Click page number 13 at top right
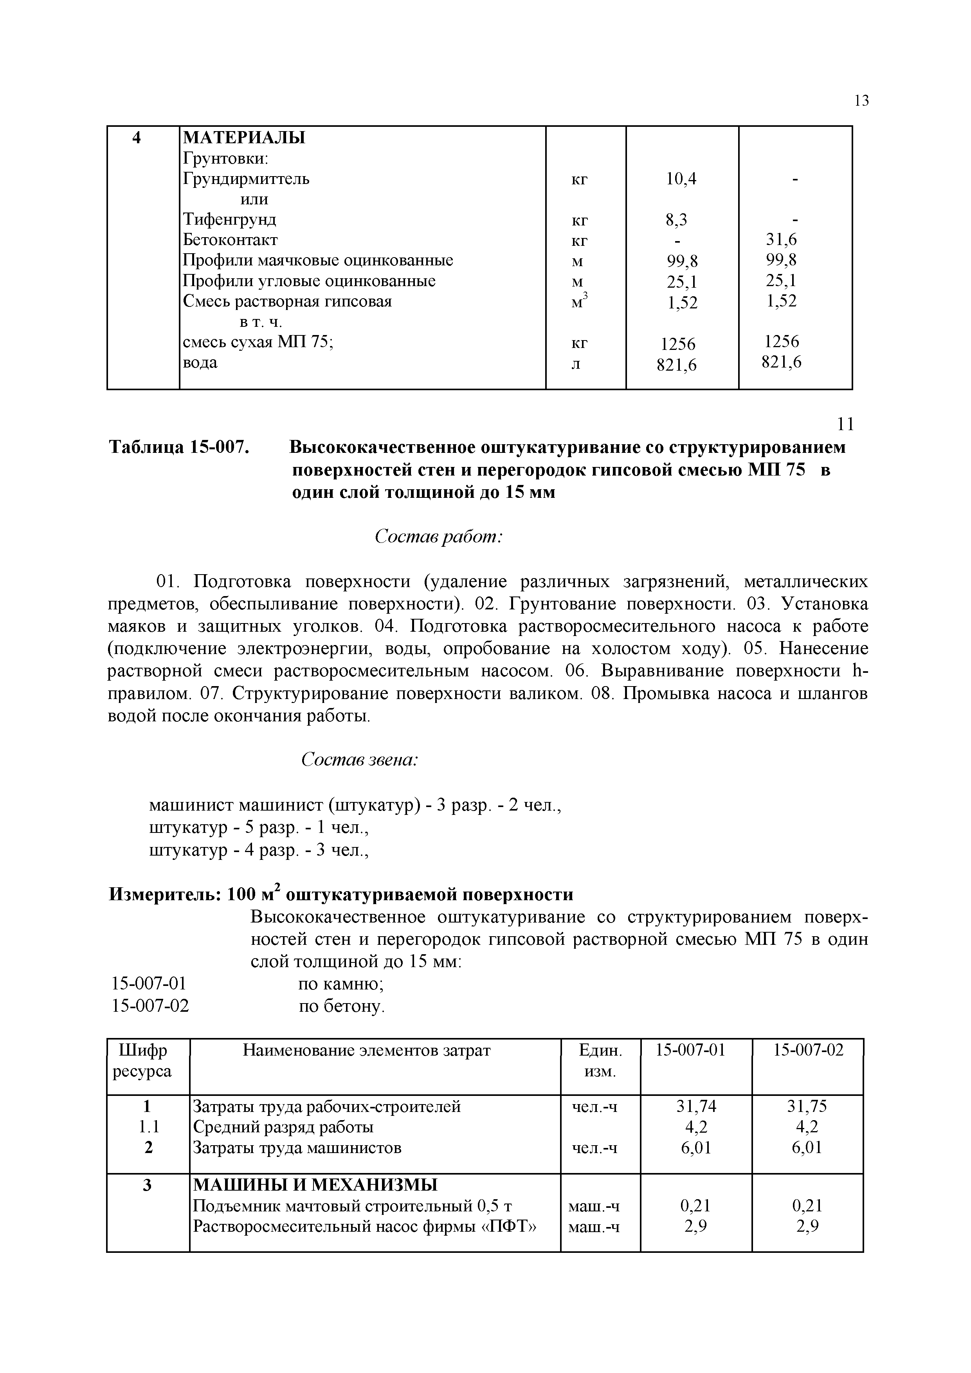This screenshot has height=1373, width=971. click(861, 101)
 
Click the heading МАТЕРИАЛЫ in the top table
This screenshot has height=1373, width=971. click(243, 137)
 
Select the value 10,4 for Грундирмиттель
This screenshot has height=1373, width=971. click(681, 179)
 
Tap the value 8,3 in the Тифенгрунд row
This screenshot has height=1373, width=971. click(676, 220)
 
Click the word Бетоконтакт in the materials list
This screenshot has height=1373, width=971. click(230, 240)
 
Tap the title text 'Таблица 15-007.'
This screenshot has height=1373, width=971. click(178, 447)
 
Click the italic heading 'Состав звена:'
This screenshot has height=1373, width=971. click(359, 759)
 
